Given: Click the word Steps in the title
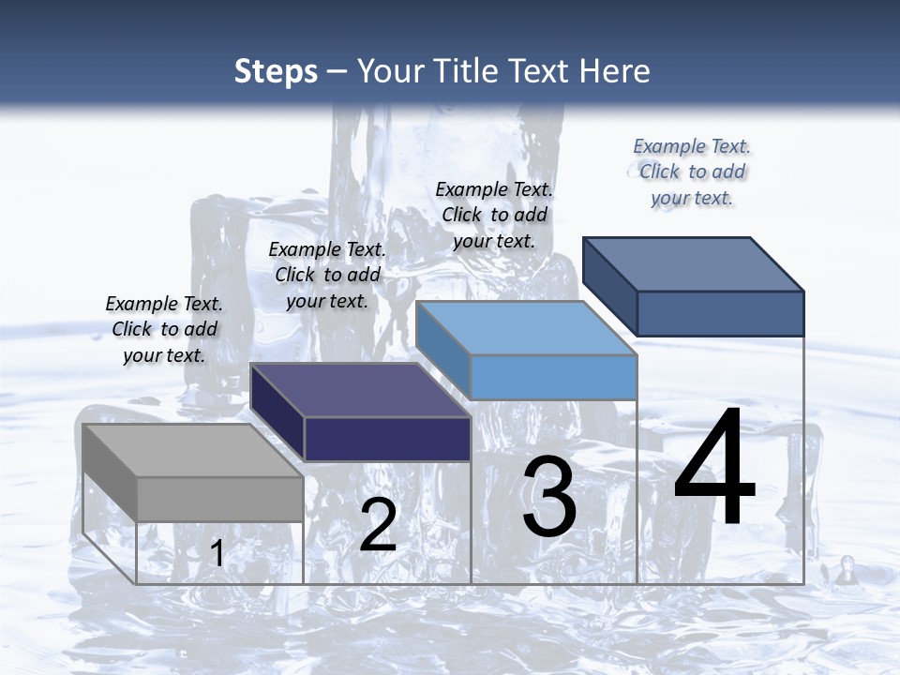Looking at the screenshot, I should (x=276, y=71).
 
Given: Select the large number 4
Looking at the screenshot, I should (x=714, y=468).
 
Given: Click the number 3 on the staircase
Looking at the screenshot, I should (x=549, y=496).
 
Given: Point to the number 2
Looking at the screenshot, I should (x=378, y=525).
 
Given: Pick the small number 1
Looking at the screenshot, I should (x=217, y=553).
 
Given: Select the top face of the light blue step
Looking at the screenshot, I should (x=526, y=328).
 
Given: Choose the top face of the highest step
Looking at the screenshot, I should (x=693, y=264).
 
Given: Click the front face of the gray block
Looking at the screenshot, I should (x=220, y=499).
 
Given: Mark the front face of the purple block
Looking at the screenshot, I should (x=387, y=439).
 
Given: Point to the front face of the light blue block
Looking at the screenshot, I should (x=553, y=377).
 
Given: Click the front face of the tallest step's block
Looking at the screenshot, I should (x=720, y=313).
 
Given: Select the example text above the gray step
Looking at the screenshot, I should (x=164, y=329).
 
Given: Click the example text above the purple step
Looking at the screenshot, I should (x=327, y=275).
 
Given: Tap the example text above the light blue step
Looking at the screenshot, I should (x=494, y=215).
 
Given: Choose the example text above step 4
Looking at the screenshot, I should (x=692, y=172).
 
